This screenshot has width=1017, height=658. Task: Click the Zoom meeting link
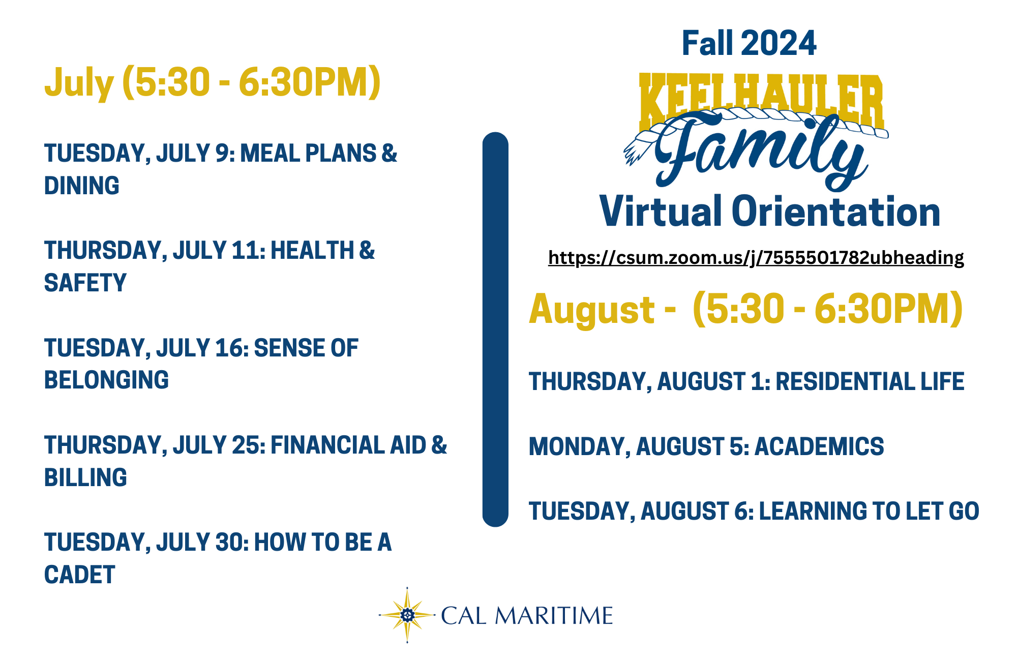click(756, 258)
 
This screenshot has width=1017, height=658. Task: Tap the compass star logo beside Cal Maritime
click(407, 615)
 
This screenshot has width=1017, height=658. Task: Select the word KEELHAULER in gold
click(761, 101)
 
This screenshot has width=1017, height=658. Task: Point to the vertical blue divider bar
click(495, 330)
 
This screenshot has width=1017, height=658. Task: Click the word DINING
click(82, 186)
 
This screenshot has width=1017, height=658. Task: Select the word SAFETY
click(85, 283)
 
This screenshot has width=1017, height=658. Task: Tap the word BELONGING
click(106, 380)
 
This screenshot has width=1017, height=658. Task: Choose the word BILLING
click(85, 477)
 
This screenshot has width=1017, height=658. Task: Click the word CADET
click(80, 575)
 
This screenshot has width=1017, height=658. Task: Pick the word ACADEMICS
click(819, 446)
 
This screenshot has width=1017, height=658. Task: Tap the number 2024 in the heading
click(779, 43)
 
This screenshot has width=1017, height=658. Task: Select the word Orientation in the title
click(836, 211)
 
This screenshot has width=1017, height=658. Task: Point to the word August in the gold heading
click(592, 310)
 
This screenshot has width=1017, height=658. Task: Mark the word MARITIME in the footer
click(554, 616)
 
